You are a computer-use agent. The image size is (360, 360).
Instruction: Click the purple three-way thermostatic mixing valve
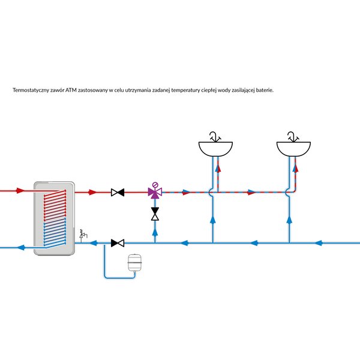click(155, 191)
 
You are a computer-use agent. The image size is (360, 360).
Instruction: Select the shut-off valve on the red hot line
click(118, 192)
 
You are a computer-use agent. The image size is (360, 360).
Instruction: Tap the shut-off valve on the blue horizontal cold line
click(118, 243)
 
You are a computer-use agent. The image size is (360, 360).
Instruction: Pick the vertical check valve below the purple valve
click(155, 214)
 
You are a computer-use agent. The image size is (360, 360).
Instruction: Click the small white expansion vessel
click(134, 263)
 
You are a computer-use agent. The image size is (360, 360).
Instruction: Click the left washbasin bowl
click(215, 149)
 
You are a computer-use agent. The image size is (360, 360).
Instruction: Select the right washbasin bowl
click(293, 149)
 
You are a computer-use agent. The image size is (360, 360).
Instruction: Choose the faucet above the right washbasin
click(293, 137)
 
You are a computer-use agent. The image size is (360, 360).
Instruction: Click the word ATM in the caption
click(71, 90)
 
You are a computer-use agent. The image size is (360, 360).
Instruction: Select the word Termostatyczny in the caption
click(31, 90)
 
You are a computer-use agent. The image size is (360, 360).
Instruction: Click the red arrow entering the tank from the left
click(20, 191)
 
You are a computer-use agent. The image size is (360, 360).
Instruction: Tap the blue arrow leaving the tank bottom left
click(21, 247)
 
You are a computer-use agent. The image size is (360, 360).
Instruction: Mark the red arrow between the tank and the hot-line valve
click(93, 192)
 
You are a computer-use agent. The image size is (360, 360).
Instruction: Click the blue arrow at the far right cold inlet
click(318, 243)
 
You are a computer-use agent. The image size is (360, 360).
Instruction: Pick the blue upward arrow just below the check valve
click(155, 232)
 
